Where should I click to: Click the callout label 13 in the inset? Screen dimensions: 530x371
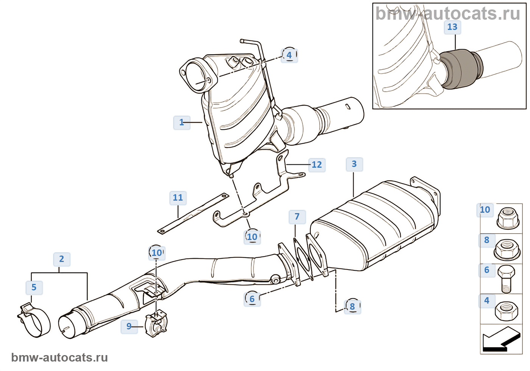click(452, 27)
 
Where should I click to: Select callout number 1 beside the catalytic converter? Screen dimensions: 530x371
click(182, 122)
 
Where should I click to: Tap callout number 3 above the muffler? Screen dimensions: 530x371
click(354, 164)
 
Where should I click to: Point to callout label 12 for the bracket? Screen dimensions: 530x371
click(317, 165)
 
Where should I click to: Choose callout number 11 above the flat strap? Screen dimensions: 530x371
click(178, 198)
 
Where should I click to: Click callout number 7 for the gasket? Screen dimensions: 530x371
click(297, 217)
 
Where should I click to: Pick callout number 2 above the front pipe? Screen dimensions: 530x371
click(61, 259)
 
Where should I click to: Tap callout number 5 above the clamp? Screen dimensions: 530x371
click(34, 287)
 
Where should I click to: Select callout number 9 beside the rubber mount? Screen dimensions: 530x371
click(129, 326)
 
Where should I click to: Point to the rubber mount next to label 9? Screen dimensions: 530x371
click(156, 323)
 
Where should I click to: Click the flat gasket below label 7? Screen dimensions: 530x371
click(303, 259)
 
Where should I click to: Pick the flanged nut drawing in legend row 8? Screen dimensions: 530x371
click(507, 250)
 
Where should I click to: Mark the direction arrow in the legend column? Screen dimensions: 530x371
click(501, 340)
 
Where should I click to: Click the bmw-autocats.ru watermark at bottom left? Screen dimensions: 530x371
click(59, 357)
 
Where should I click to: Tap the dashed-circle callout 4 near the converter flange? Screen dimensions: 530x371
click(289, 55)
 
